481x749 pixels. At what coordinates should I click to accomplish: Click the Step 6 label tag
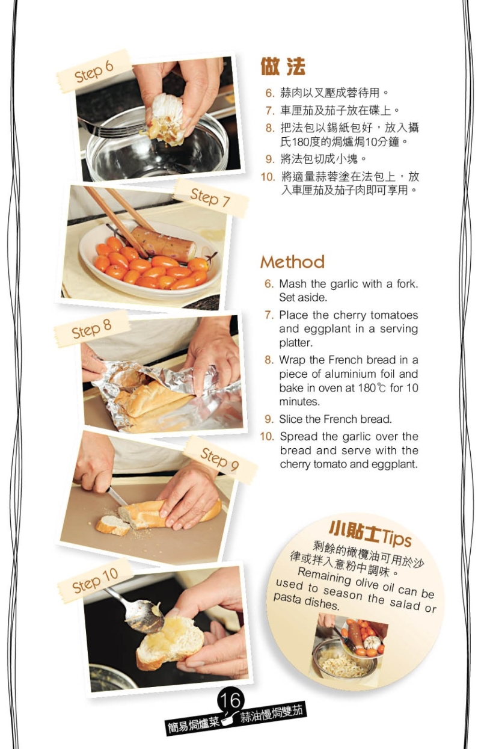point(94,71)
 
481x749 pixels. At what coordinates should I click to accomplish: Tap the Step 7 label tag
point(210,197)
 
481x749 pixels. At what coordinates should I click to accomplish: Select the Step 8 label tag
point(91,328)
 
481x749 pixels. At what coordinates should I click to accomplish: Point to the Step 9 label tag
point(220,460)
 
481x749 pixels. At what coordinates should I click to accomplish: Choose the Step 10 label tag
point(95,581)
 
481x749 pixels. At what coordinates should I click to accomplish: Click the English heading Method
point(292,262)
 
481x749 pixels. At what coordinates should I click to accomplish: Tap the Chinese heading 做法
point(283,66)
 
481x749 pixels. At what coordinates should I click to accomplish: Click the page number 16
point(230,700)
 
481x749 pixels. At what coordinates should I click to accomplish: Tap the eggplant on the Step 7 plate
point(163,244)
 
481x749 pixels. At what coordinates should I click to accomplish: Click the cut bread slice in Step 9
point(112,525)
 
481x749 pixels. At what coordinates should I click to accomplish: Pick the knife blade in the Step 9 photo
point(117,496)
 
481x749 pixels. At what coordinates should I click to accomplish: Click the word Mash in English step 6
point(293,284)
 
